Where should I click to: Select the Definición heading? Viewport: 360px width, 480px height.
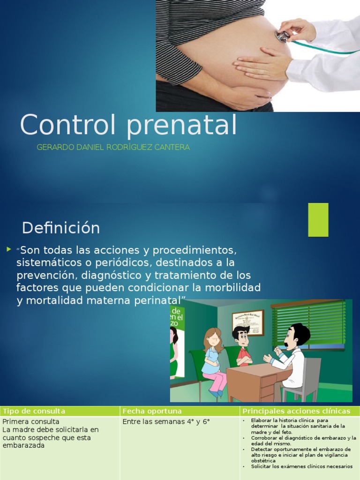pos(61,228)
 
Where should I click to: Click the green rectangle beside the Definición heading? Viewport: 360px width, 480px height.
pos(318,219)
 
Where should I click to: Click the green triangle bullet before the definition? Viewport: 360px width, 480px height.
pos(8,249)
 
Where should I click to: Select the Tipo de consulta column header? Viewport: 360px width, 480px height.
pos(34,411)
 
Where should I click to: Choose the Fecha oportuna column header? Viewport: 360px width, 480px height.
pos(152,411)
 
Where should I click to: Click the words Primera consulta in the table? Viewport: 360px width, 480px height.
pos(31,422)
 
